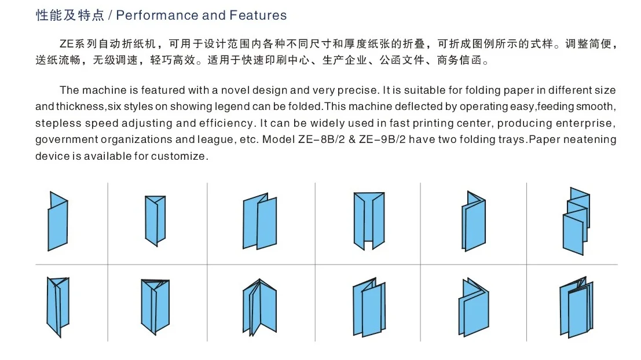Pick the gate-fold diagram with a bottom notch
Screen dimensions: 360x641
point(369,220)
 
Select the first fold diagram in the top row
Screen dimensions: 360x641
point(57,220)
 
